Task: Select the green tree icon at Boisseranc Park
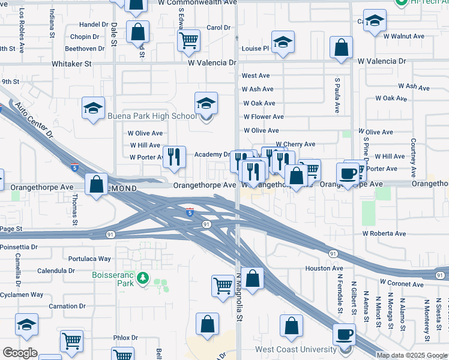tap(143, 277)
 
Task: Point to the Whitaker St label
tap(71, 63)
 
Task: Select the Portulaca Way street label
tap(89, 259)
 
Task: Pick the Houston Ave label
tap(324, 268)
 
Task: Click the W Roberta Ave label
tap(384, 233)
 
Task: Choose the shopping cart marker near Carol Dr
tap(188, 40)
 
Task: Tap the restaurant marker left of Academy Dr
tap(174, 156)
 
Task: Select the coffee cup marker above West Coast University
tap(344, 334)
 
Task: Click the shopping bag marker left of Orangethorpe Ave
tap(96, 184)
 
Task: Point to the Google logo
tap(20, 353)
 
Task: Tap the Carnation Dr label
tap(63, 306)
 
